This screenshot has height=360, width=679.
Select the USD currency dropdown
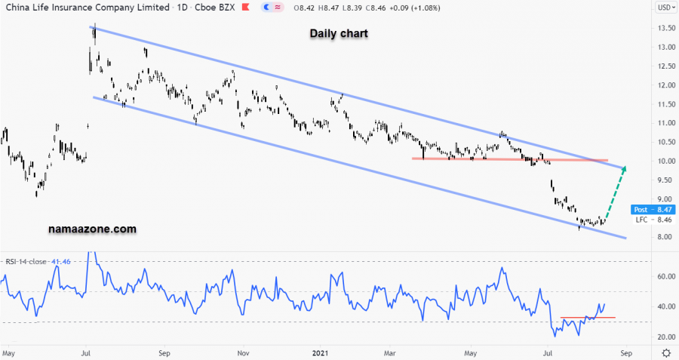pyautogui.click(x=665, y=8)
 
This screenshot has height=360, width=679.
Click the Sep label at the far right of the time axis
pyautogui.click(x=624, y=352)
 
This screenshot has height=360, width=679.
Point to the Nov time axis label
pyautogui.click(x=243, y=352)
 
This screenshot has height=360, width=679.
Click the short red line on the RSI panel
pyautogui.click(x=588, y=318)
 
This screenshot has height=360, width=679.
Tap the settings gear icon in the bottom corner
pyautogui.click(x=665, y=352)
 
